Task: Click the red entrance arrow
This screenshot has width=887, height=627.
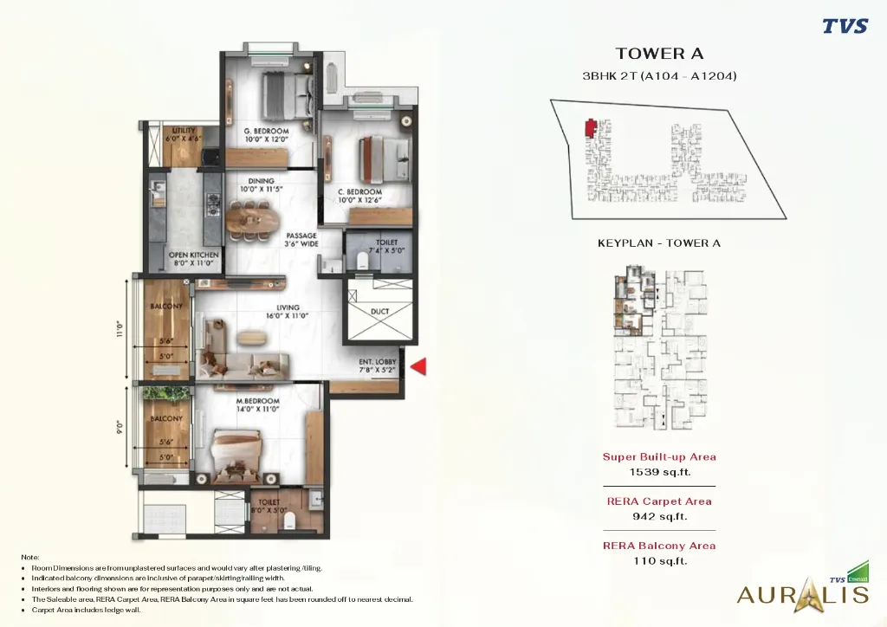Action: pyautogui.click(x=418, y=367)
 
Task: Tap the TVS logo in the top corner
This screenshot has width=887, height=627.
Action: pyautogui.click(x=845, y=26)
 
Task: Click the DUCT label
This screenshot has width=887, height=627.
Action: pyautogui.click(x=379, y=311)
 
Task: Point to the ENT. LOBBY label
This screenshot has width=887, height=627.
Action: pyautogui.click(x=378, y=365)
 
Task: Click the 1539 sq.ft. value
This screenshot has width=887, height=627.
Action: pyautogui.click(x=659, y=472)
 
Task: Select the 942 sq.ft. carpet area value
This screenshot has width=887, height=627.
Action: pyautogui.click(x=659, y=516)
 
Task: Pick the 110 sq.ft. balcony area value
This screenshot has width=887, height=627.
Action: pyautogui.click(x=659, y=560)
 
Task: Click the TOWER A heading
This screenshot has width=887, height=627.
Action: pyautogui.click(x=659, y=55)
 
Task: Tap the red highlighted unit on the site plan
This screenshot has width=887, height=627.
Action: pyautogui.click(x=591, y=128)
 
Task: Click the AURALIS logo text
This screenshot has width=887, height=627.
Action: pyautogui.click(x=801, y=594)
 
